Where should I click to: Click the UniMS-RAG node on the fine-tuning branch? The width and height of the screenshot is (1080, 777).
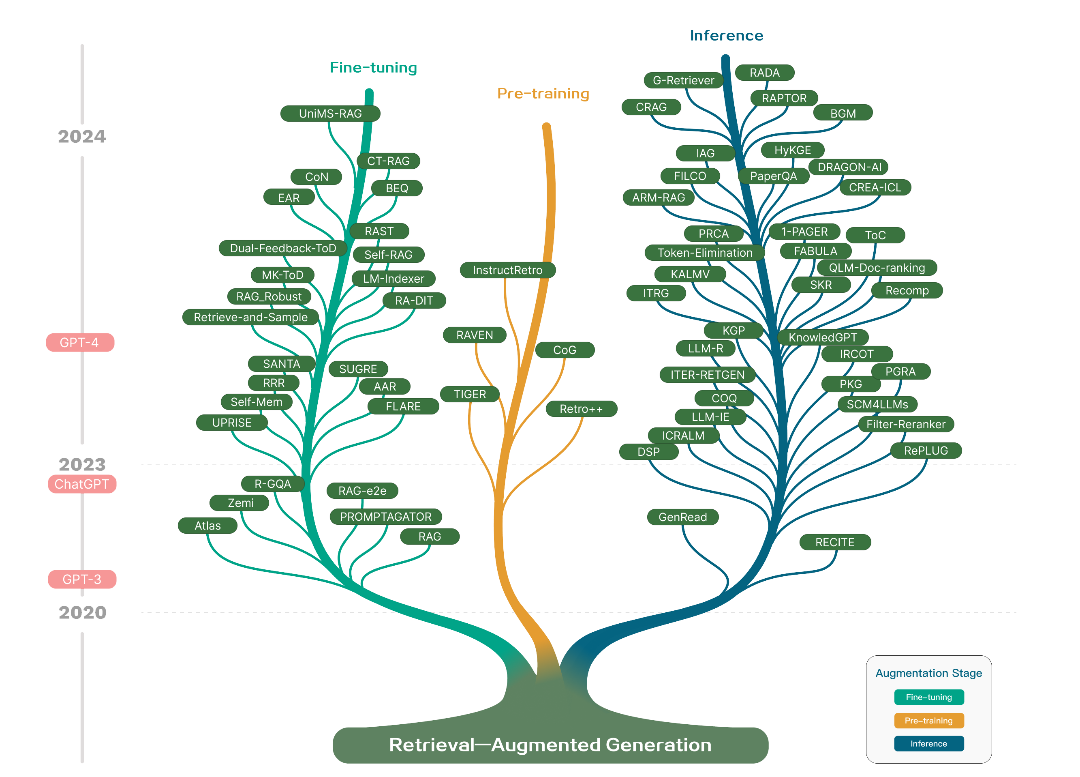pos(330,114)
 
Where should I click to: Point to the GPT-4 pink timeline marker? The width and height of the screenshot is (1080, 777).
pos(79,343)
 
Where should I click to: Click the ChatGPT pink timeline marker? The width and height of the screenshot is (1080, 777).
pos(82,484)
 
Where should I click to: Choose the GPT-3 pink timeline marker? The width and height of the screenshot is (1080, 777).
pos(82,579)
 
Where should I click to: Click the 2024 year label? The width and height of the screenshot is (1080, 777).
pos(82,137)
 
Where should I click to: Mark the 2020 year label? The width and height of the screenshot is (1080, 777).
pos(82,613)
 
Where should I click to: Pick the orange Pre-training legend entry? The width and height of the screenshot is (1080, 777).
pos(928,721)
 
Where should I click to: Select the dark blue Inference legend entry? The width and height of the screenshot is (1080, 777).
pos(928,744)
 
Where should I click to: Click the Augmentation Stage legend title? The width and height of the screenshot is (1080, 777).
pos(928,673)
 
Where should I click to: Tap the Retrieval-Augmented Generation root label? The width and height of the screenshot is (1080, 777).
pos(550,745)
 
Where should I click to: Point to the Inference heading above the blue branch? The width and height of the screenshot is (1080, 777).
pos(726,36)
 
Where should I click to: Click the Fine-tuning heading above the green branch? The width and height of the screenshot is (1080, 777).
pos(373,68)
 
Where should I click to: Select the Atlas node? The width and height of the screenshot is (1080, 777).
pos(207,526)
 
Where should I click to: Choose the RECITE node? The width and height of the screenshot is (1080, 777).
pos(835,542)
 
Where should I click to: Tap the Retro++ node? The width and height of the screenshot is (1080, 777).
pos(581,409)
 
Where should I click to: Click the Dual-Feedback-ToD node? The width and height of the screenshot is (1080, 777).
pos(283,248)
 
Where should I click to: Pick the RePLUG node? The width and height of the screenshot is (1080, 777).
pos(926,451)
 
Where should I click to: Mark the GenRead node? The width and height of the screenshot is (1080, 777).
pos(682,517)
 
